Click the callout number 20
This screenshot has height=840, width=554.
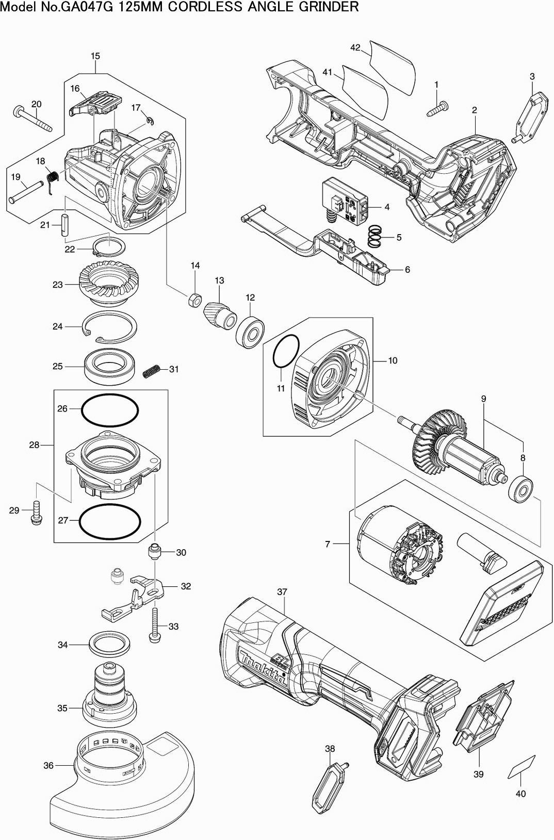(x=36, y=104)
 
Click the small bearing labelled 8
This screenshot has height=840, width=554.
(x=519, y=488)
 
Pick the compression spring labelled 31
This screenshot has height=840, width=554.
(x=151, y=370)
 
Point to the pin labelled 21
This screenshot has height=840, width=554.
(x=64, y=225)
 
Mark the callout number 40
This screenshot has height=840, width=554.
(x=520, y=794)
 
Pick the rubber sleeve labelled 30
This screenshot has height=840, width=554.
(x=154, y=552)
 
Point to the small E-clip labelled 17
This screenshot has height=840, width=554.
(x=150, y=121)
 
